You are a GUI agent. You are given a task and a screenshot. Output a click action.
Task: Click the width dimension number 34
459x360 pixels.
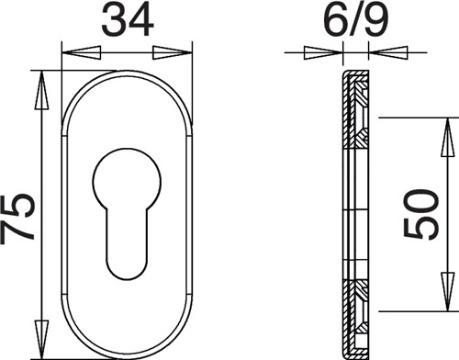(x=128, y=19)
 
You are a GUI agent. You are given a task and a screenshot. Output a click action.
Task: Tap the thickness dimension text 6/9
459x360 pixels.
(x=355, y=19)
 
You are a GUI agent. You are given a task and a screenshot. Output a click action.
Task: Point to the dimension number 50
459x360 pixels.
(x=421, y=214)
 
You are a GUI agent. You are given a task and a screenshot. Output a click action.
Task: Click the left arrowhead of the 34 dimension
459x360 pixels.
(x=82, y=52)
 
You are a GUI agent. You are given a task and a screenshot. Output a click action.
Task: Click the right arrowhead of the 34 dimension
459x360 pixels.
(x=173, y=52)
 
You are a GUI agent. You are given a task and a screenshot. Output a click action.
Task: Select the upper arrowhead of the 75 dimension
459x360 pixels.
(x=41, y=90)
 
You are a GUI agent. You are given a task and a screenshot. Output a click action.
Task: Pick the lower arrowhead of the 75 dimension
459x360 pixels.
(x=41, y=339)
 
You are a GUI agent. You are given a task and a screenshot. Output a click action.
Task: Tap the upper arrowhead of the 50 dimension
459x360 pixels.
(x=448, y=137)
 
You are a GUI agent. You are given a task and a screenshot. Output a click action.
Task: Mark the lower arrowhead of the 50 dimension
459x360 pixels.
(x=448, y=292)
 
